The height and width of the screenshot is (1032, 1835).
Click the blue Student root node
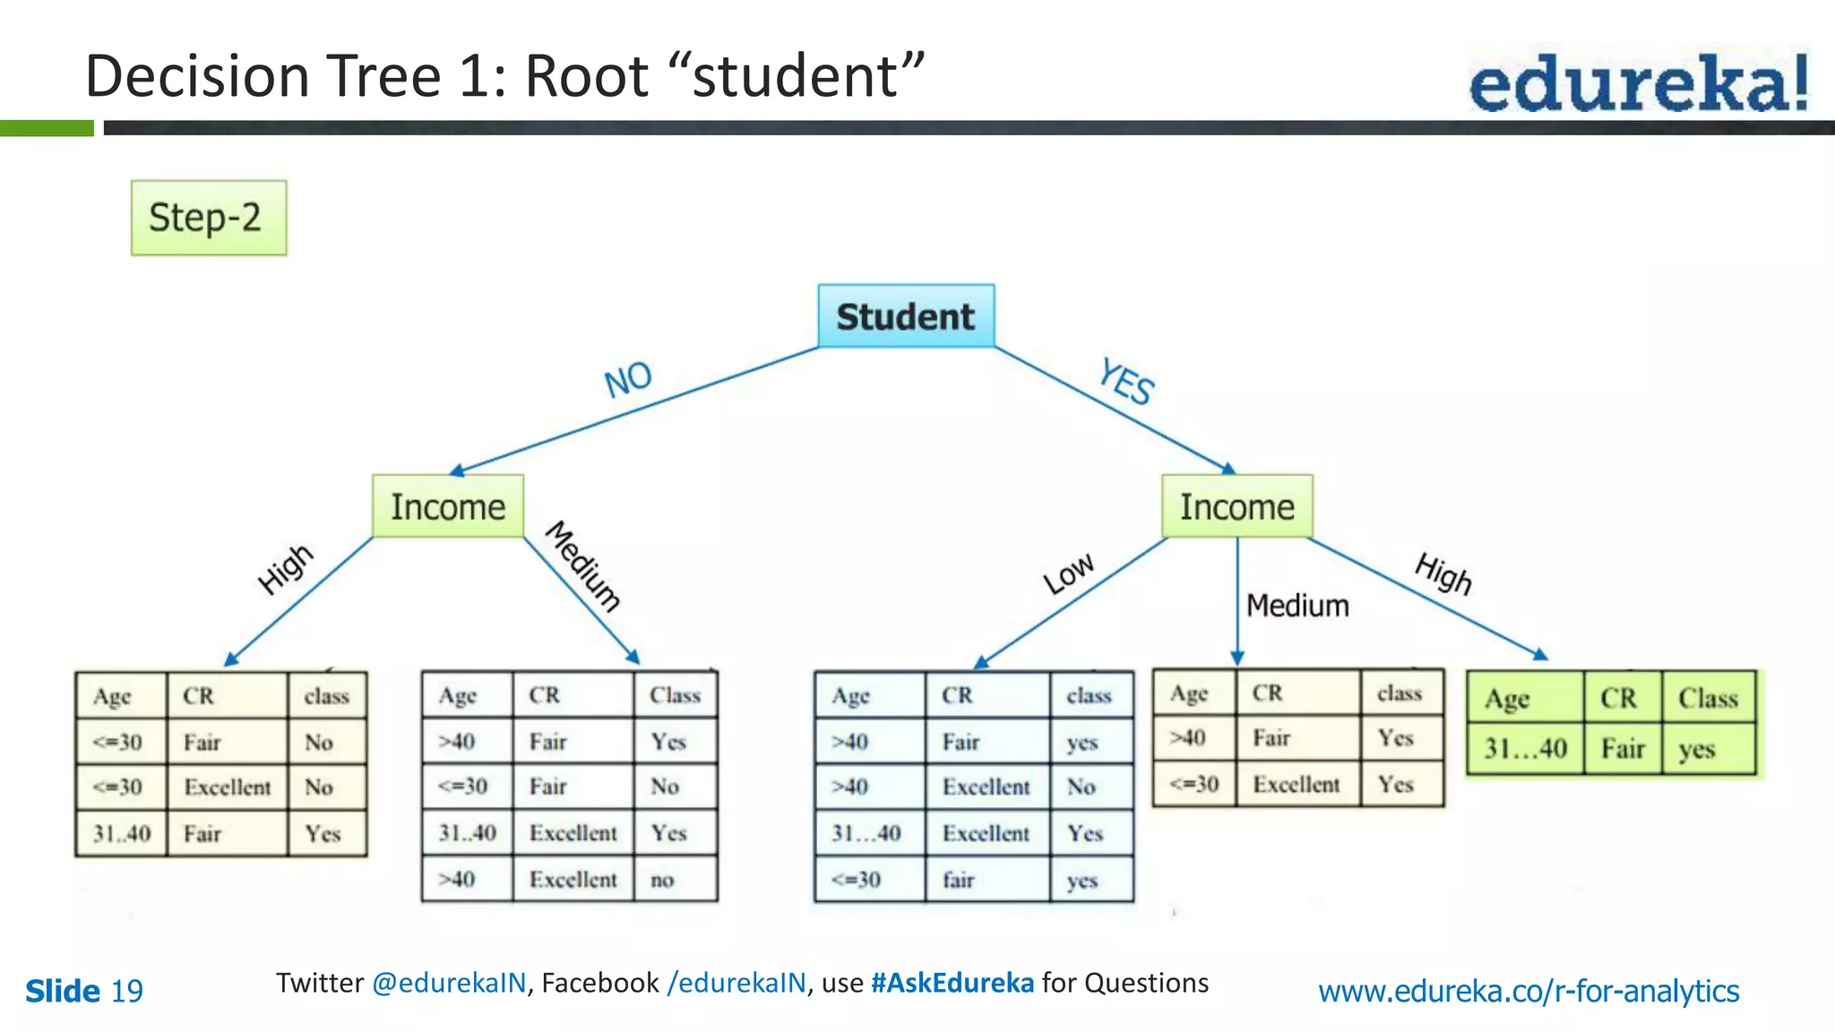click(906, 316)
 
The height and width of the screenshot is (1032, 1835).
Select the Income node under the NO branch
click(448, 507)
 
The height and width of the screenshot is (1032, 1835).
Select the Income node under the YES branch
click(1236, 507)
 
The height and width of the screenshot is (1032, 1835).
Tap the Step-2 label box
click(209, 218)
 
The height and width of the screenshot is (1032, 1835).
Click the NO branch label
click(628, 380)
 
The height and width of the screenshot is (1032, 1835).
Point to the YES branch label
click(1127, 382)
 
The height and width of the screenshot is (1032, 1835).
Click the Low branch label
click(1068, 573)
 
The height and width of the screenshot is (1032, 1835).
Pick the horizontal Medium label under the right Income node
click(1297, 606)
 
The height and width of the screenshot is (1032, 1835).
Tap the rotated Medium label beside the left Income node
click(583, 566)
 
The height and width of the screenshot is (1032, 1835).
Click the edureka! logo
click(1639, 83)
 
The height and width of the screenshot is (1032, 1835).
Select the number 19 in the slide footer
click(127, 992)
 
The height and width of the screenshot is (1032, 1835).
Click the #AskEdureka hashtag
click(952, 984)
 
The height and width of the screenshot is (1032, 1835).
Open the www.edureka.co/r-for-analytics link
click(1529, 992)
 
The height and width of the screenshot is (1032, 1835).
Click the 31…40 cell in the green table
click(1525, 749)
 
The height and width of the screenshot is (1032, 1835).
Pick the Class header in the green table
click(1708, 699)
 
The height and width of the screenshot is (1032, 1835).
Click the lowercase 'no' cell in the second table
click(662, 880)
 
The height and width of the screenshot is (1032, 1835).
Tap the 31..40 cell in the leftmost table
click(122, 834)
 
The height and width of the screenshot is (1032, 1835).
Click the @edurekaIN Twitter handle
click(449, 984)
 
